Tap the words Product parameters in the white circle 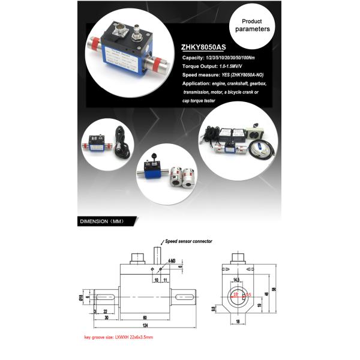(252, 25)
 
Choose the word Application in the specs (197, 84)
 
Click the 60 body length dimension (146, 317)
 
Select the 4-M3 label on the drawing (173, 261)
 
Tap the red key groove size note (118, 337)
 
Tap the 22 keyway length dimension (105, 311)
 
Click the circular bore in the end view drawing (240, 295)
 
